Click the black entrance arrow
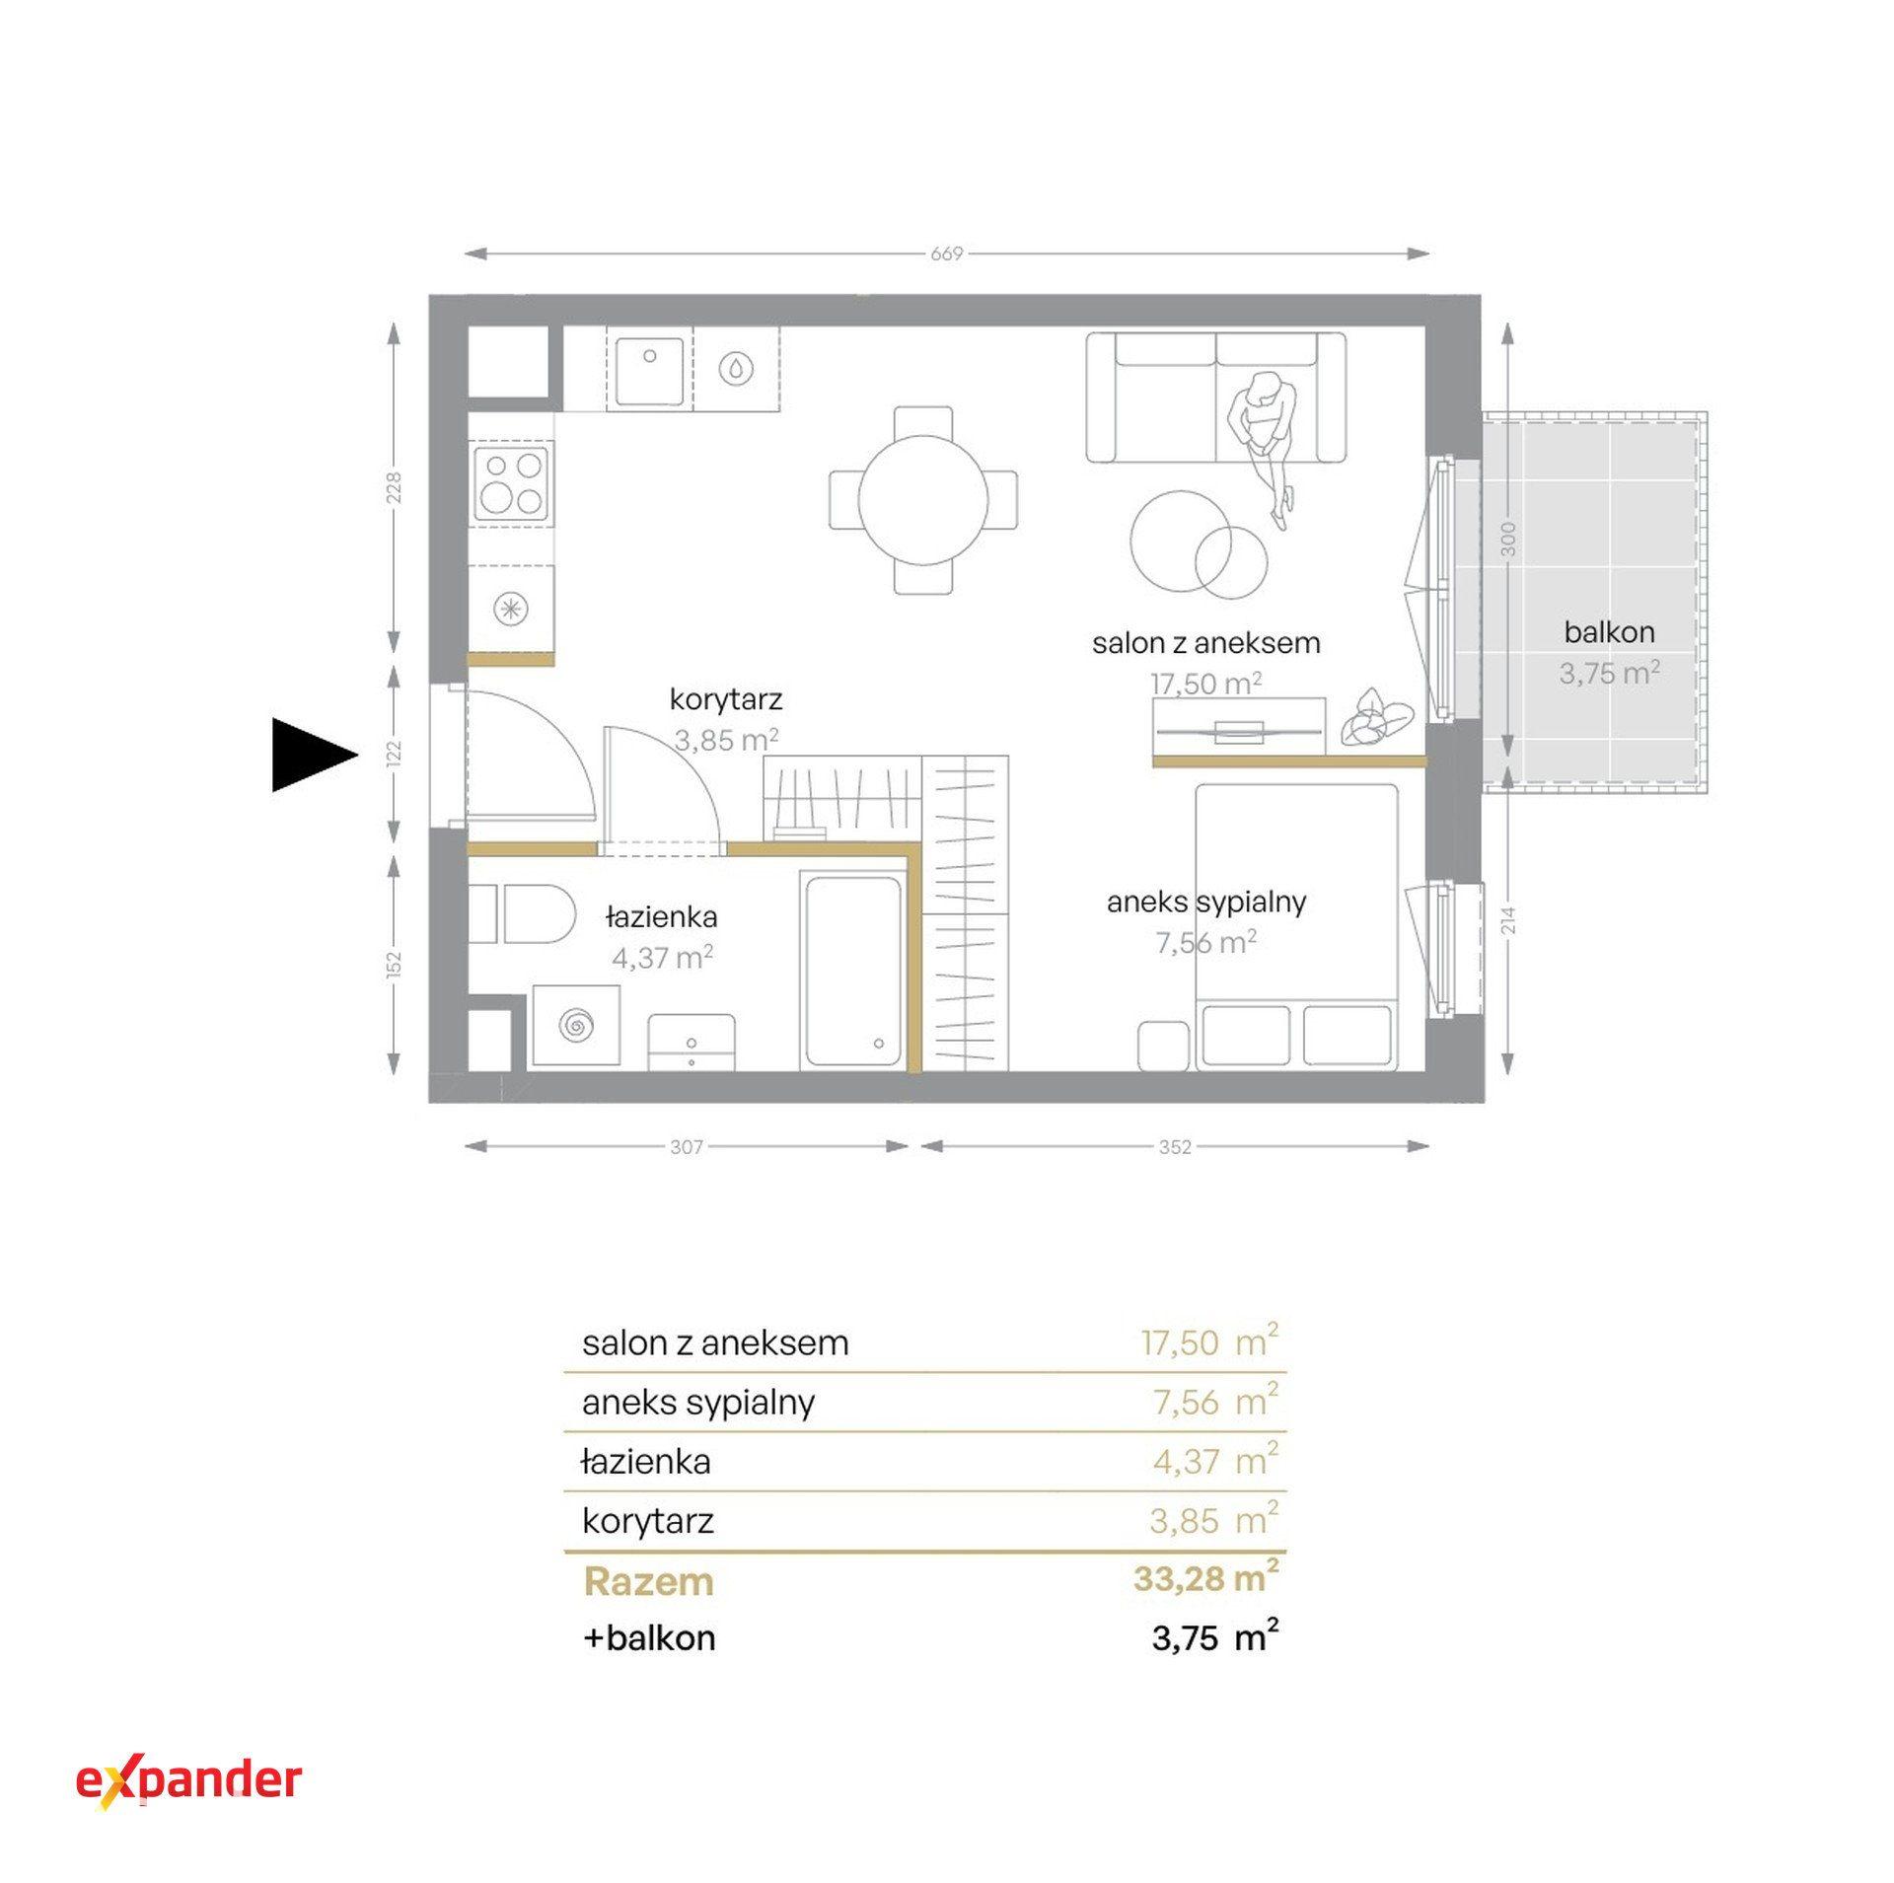(x=311, y=756)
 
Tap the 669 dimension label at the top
(x=946, y=253)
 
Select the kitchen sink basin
(x=649, y=371)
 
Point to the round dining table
(x=922, y=500)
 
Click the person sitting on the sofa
(x=1265, y=445)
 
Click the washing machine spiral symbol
(x=577, y=1026)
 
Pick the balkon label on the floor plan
(x=1609, y=632)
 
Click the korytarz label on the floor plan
(x=725, y=699)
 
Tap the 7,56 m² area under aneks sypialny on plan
(x=1205, y=942)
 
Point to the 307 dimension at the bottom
(x=686, y=1146)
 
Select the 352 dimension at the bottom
(x=1175, y=1146)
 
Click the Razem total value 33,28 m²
(x=1205, y=1579)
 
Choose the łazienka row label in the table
(x=646, y=1461)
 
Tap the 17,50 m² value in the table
(x=1209, y=1342)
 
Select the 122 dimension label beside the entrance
(x=395, y=754)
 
